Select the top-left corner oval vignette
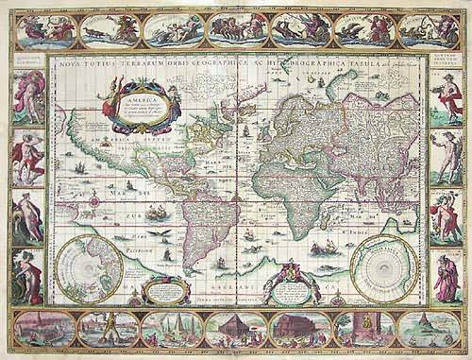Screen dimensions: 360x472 click(x=43, y=29)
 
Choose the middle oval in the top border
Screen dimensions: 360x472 click(x=237, y=29)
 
